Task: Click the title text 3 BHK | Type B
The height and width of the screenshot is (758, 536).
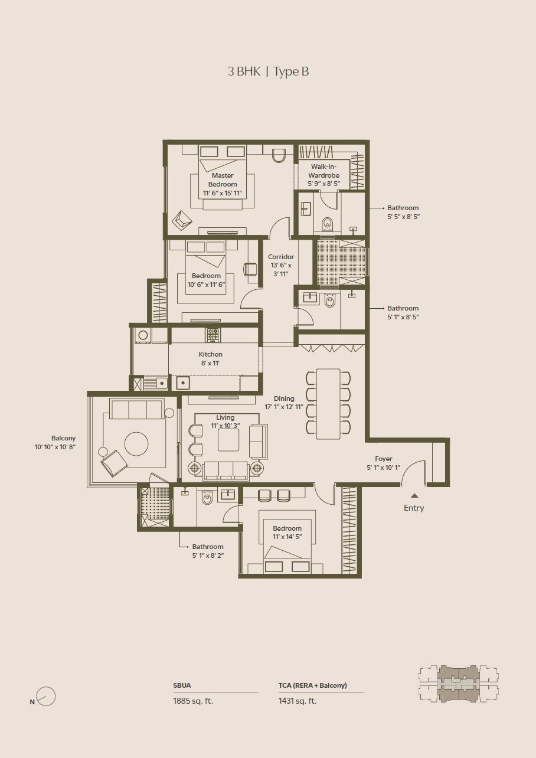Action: [268, 71]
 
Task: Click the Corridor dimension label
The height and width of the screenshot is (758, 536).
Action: [281, 266]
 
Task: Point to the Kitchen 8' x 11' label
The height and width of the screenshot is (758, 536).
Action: [210, 358]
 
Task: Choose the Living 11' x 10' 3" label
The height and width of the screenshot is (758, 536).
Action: [225, 422]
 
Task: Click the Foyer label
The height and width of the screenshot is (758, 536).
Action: [383, 463]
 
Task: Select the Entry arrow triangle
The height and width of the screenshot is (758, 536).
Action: [414, 496]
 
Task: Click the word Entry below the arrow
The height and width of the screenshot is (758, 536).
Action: [414, 508]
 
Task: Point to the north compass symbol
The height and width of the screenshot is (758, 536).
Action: [45, 697]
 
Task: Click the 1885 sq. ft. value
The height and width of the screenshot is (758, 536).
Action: [193, 701]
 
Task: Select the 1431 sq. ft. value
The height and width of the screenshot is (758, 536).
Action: [298, 701]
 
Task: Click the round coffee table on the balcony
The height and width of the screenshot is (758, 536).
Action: [136, 444]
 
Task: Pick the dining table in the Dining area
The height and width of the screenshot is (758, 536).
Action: [328, 404]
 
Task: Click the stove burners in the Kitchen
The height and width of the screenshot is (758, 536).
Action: [213, 335]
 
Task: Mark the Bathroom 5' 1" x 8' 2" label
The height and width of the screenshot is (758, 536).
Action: [207, 551]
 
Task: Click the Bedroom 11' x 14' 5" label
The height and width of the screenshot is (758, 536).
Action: [287, 532]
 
